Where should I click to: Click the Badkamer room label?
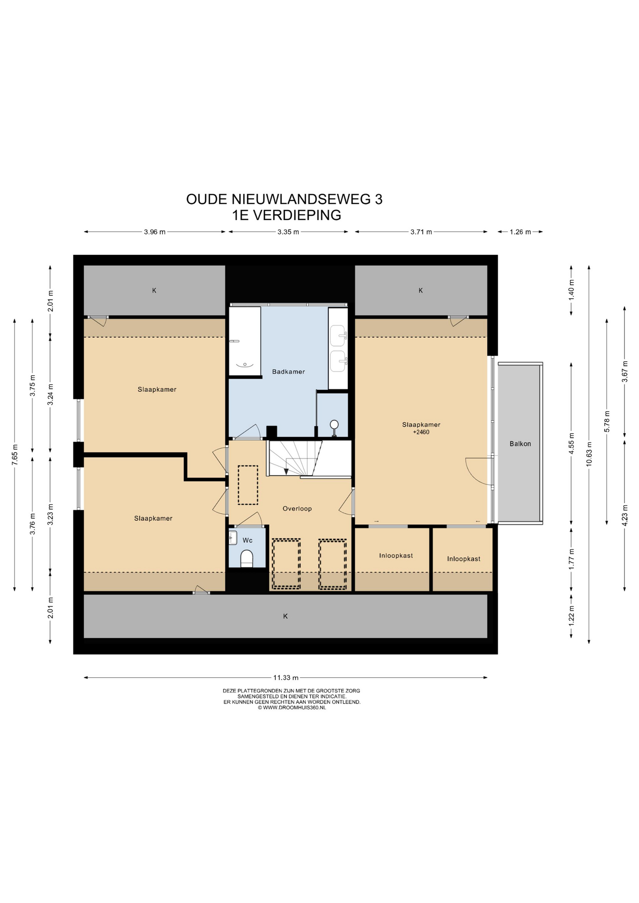(x=288, y=372)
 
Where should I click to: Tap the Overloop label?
(x=297, y=508)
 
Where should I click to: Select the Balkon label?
(x=520, y=444)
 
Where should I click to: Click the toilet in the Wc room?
(x=247, y=558)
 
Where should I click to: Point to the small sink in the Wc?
(x=233, y=538)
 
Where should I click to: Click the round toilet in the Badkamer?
(x=334, y=426)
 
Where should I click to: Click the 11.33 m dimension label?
(x=286, y=678)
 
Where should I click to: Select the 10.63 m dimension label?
(x=589, y=454)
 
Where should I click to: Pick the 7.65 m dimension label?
(x=15, y=455)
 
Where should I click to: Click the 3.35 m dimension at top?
(x=288, y=232)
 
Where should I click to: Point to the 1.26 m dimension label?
(x=520, y=232)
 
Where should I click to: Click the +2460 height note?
(x=421, y=432)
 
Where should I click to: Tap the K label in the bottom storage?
(x=285, y=616)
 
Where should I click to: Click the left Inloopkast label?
(x=396, y=555)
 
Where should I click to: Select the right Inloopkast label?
(x=464, y=559)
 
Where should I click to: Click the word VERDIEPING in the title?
(x=297, y=215)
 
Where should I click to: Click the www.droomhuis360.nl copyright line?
(x=292, y=707)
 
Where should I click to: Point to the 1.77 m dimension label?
(x=571, y=559)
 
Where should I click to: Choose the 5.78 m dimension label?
(x=607, y=421)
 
